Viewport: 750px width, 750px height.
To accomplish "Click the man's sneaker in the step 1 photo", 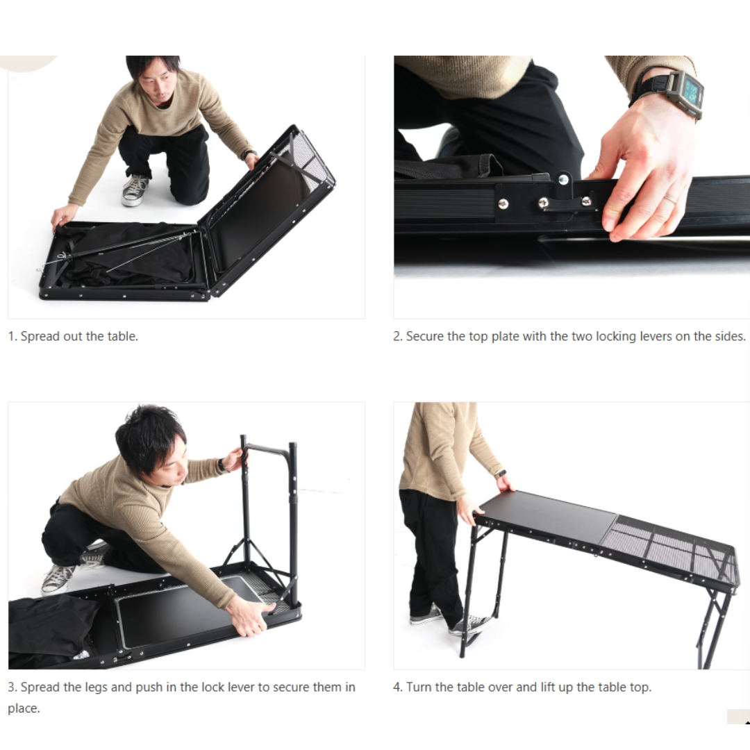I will (x=135, y=190).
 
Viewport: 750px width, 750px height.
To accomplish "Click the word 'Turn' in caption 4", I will (x=419, y=687).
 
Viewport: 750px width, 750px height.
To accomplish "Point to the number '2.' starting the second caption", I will (x=397, y=336).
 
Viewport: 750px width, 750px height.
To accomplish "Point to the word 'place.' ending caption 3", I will (x=24, y=708).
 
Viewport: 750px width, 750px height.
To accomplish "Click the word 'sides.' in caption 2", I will (x=729, y=336).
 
